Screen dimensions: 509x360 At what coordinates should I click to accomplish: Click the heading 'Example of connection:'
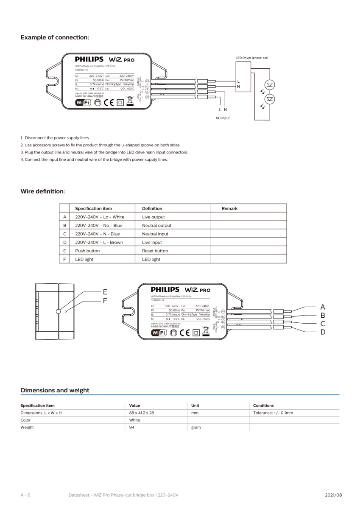[x=55, y=37]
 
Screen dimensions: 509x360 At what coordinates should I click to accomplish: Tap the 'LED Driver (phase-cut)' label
[x=252, y=58]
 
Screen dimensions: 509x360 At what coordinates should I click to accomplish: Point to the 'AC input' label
[x=222, y=118]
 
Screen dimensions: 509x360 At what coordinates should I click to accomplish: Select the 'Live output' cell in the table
[x=153, y=217]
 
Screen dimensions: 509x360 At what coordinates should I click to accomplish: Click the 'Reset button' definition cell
[x=155, y=251]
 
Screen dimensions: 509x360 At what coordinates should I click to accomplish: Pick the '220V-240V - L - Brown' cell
[x=99, y=242]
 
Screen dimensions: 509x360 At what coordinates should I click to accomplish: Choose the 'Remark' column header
[x=229, y=208]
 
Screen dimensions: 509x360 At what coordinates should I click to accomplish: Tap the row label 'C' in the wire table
[x=64, y=234]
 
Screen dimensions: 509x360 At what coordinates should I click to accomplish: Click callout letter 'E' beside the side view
[x=105, y=292]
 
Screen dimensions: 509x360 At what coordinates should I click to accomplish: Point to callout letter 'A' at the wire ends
[x=323, y=307]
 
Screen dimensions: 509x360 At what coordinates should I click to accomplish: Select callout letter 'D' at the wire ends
[x=323, y=332]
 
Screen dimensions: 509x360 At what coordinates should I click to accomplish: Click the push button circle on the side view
[x=58, y=311]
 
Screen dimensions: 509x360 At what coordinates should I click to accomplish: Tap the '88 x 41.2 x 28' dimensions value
[x=142, y=413]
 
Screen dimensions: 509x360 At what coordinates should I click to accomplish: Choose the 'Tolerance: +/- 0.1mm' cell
[x=273, y=413]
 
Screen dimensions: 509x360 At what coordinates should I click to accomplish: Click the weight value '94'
[x=132, y=428]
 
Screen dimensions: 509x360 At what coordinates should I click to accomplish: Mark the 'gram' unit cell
[x=196, y=428]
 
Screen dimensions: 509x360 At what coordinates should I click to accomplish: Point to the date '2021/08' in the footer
[x=334, y=495]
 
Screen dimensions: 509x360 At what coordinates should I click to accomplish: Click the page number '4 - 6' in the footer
[x=25, y=495]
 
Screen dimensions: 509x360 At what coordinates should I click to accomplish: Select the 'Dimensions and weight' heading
[x=55, y=390]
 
